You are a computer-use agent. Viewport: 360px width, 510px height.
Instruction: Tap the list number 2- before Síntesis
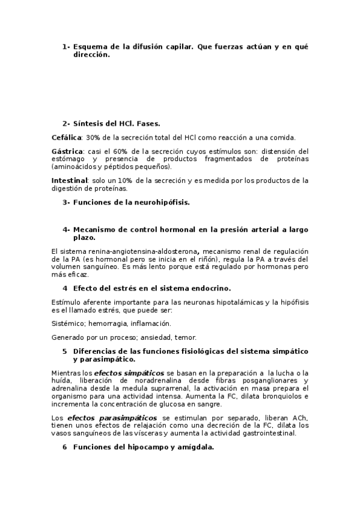click(66, 123)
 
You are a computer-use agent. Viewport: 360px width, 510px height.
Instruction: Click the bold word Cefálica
click(66, 138)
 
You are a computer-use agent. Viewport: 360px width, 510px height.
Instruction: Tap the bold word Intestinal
click(70, 180)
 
